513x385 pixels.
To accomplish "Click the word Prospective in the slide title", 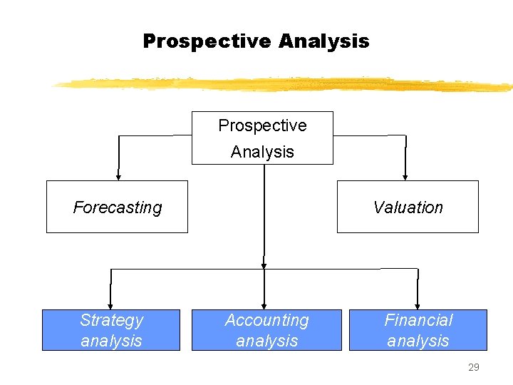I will point(207,41).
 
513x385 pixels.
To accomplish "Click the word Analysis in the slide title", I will point(324,41).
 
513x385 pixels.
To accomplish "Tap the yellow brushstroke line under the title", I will point(285,84).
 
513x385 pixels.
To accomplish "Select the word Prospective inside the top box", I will point(262,125).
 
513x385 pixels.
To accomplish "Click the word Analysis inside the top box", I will point(262,151).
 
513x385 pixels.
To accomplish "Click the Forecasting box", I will point(117,207).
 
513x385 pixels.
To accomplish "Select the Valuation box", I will point(408,207).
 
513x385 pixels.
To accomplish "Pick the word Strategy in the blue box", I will point(111,321).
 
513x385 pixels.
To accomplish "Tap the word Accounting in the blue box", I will point(266,321).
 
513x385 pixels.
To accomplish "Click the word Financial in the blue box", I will point(418,321).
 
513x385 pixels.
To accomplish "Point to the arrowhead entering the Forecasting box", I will point(118,176).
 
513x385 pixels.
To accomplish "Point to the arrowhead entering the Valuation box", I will point(405,176).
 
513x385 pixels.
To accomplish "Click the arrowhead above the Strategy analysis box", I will point(110,304).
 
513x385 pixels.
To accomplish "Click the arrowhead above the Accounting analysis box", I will point(264,304).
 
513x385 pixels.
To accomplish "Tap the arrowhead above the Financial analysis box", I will point(418,304).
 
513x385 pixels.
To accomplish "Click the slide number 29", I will point(473,368).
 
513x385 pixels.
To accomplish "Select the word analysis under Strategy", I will point(111,341).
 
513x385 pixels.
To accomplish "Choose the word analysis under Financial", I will point(418,341).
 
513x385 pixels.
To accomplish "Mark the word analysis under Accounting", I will point(266,341).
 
